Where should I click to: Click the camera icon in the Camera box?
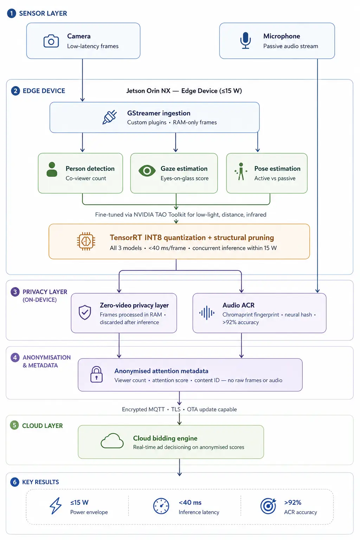click(x=51, y=41)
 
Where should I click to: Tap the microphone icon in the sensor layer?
click(x=245, y=40)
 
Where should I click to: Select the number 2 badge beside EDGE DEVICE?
click(x=16, y=91)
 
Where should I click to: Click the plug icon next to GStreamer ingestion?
click(x=110, y=117)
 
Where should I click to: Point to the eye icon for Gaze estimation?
click(x=147, y=171)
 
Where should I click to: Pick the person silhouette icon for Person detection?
click(x=52, y=169)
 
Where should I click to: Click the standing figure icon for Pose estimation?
click(x=241, y=172)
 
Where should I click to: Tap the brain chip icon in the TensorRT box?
click(x=86, y=241)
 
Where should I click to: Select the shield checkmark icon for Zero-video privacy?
click(x=85, y=312)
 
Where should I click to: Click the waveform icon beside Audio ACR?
click(x=207, y=313)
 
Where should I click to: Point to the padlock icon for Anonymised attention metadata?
click(x=96, y=374)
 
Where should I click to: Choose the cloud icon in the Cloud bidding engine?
click(x=112, y=441)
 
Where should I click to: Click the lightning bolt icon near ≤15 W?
click(x=56, y=506)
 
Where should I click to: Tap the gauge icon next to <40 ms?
click(x=161, y=506)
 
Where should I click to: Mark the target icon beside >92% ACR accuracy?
click(x=268, y=506)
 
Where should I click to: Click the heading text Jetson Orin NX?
click(x=148, y=91)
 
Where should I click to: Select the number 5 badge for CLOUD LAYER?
click(x=14, y=425)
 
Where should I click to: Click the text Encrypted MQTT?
click(x=143, y=409)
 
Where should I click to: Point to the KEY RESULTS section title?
click(x=40, y=482)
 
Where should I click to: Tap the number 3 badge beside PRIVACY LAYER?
click(x=15, y=292)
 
